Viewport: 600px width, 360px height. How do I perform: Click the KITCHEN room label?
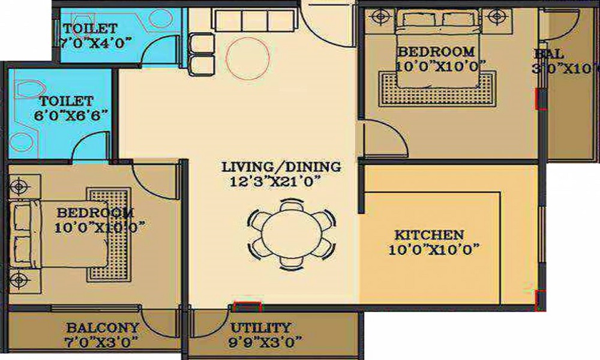click(428, 234)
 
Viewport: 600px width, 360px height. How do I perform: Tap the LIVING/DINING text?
click(281, 167)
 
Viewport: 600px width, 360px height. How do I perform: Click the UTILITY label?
click(260, 328)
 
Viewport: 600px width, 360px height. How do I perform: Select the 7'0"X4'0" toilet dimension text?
click(96, 43)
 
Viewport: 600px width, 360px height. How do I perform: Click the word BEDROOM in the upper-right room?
click(436, 52)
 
